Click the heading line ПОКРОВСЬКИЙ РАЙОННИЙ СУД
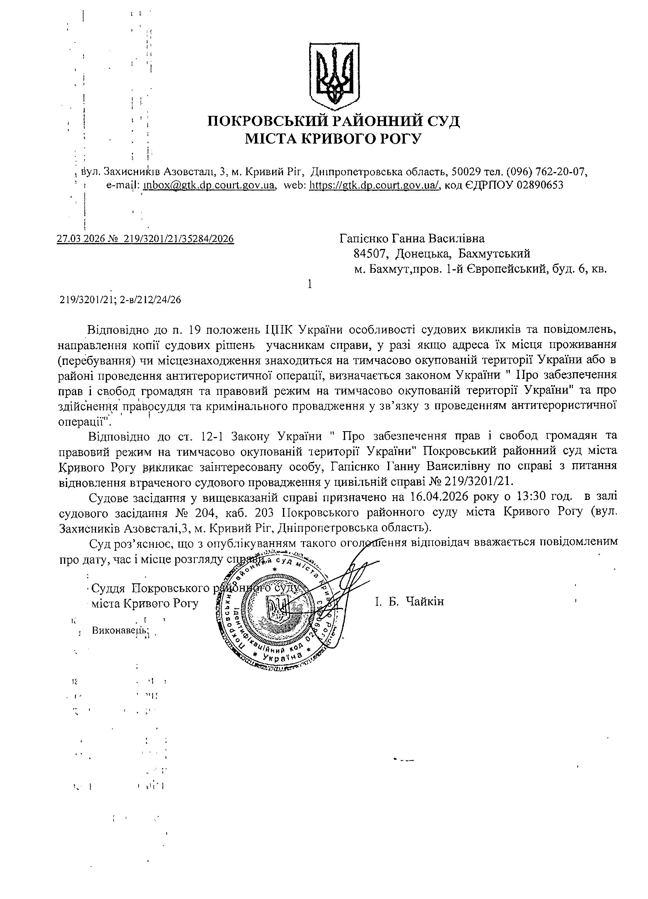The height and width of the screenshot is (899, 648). pos(333,121)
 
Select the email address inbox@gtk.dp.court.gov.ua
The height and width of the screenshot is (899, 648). pos(209,185)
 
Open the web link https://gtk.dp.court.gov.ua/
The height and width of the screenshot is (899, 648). pos(375,185)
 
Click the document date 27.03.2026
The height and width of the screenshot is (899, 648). pos(80,239)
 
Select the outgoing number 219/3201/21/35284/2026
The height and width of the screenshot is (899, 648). pos(179,239)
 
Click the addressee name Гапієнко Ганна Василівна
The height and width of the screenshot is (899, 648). pos(412,239)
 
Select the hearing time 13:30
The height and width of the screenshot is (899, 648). pos(536,497)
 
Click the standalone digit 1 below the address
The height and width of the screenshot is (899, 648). pos(310,284)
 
